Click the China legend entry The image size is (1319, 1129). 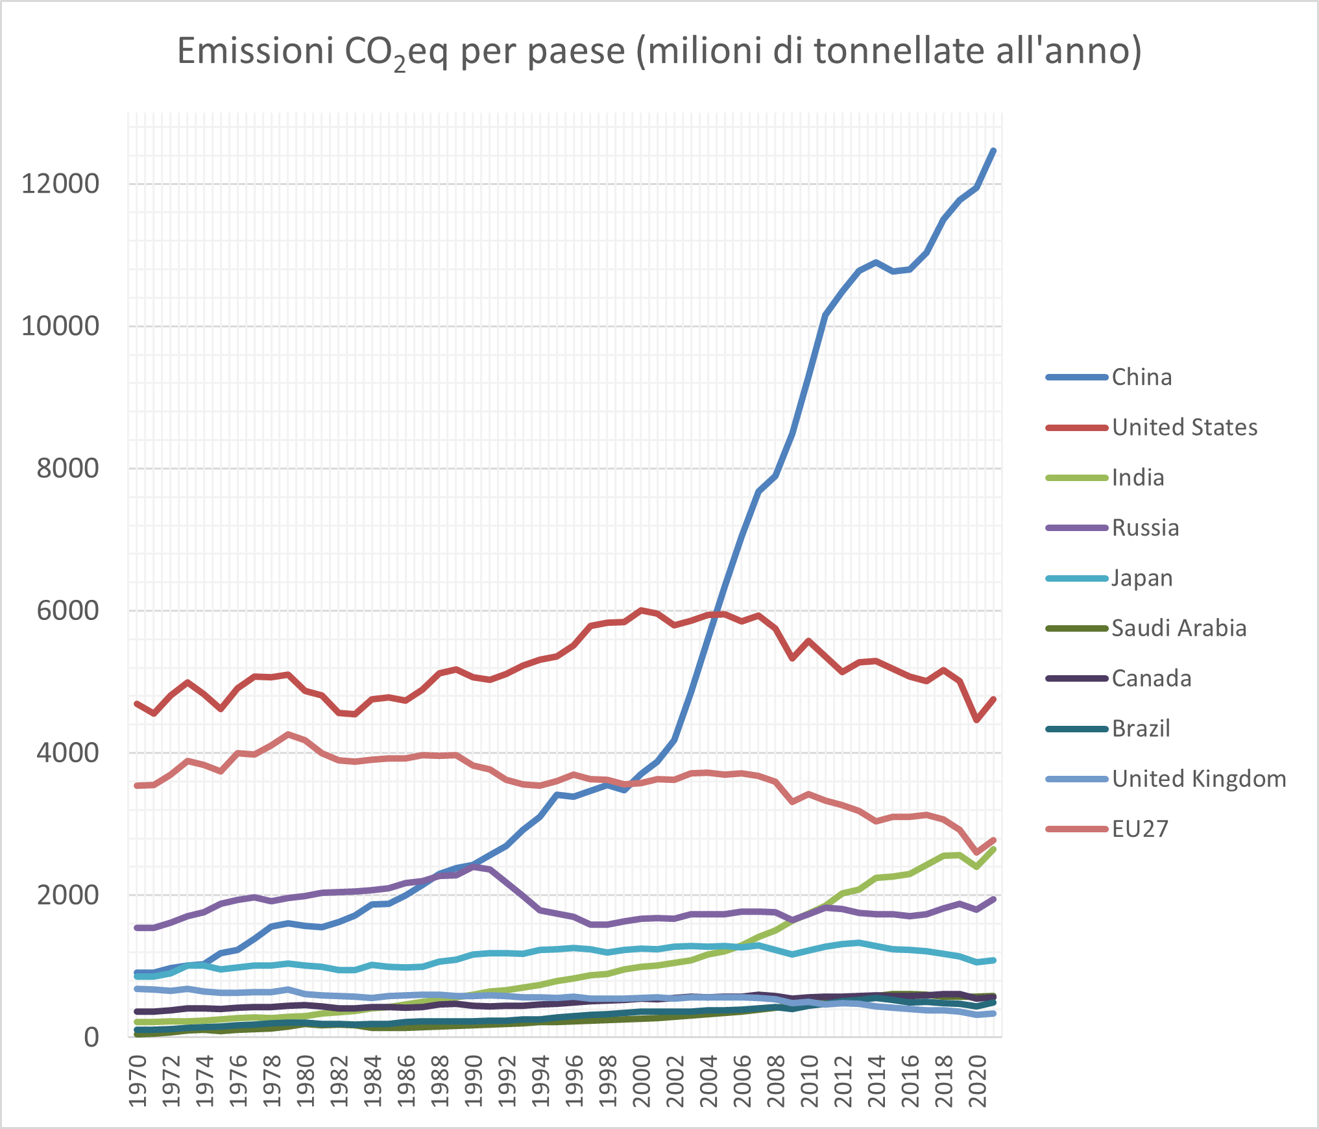[x=1141, y=377]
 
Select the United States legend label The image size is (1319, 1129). [x=1184, y=427]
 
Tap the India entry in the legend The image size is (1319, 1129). [x=1137, y=478]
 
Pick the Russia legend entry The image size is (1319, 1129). [x=1145, y=528]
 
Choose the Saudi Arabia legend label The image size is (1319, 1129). [x=1179, y=628]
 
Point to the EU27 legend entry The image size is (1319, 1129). [x=1140, y=829]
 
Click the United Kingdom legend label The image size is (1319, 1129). [x=1198, y=778]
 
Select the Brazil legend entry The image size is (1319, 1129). [x=1141, y=728]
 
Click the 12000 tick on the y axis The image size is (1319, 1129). [x=60, y=184]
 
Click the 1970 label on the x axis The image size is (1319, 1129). [x=137, y=1081]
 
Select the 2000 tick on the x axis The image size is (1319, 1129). [x=642, y=1081]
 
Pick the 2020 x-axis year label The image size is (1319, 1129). [x=978, y=1081]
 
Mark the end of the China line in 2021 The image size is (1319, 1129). [x=993, y=151]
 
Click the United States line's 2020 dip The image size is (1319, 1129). [x=976, y=720]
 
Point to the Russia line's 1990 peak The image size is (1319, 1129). [x=474, y=866]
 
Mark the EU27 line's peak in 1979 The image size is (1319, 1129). [x=288, y=734]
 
